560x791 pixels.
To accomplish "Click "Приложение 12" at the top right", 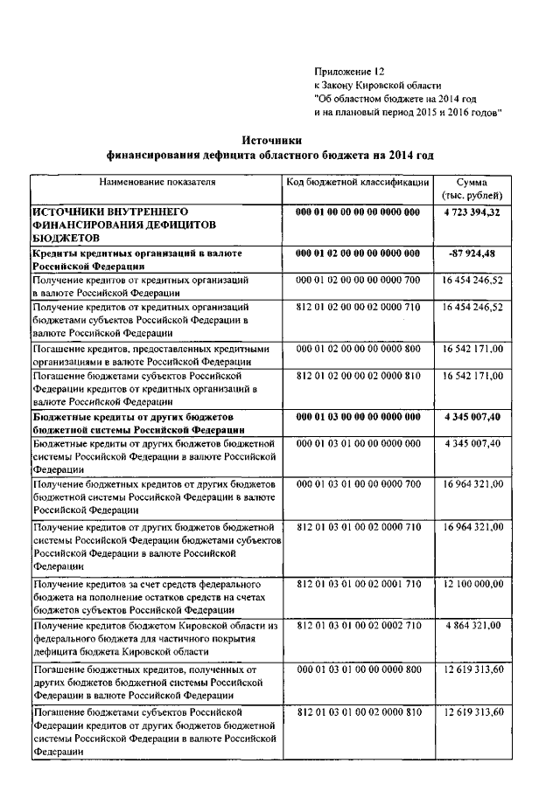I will pos(348,72).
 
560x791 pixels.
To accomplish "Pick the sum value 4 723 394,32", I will pos(472,212).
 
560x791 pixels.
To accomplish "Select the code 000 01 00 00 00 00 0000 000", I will pos(358,212).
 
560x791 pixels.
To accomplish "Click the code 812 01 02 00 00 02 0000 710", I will pos(358,308).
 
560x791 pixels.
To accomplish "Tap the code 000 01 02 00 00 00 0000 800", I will pos(358,349).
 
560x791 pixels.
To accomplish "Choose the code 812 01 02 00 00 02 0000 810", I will pos(358,376).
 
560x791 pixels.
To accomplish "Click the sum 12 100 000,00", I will pos(472,582).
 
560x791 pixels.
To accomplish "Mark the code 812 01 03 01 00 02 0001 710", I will pos(358,582).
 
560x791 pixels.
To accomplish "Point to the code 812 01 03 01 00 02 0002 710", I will pos(358,625).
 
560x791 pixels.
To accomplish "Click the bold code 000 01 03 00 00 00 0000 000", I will pos(358,418).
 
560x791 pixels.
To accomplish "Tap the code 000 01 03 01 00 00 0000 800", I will pos(358,669).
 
